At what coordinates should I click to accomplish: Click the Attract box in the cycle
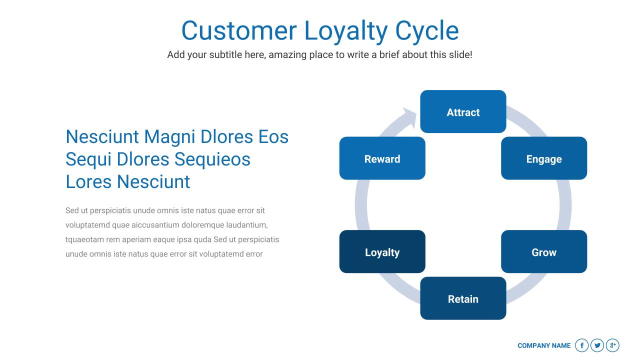point(463,111)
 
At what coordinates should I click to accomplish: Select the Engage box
point(544,158)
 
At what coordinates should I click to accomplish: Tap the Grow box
point(544,251)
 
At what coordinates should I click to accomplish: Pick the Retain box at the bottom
point(463,298)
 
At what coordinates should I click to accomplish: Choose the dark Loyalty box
point(382,251)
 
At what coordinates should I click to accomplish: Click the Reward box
point(382,158)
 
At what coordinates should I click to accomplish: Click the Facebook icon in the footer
point(581,345)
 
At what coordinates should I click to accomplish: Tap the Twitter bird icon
point(597,345)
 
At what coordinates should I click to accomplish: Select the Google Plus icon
point(612,345)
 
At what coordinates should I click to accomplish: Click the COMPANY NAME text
point(544,345)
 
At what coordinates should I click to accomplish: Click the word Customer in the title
point(238,30)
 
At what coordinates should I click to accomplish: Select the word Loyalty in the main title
point(345,30)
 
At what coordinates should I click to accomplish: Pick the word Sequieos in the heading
point(212,159)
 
